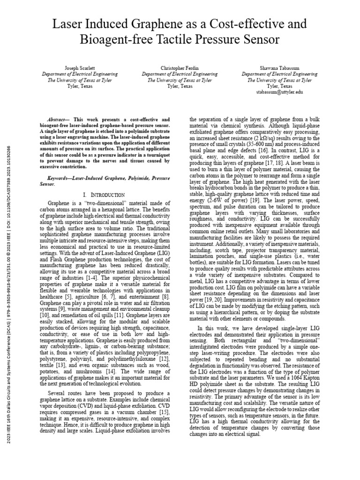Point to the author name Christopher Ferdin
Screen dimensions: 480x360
(180, 68)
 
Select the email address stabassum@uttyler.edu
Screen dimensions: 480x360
(279, 92)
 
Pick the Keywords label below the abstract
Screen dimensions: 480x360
(65, 179)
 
